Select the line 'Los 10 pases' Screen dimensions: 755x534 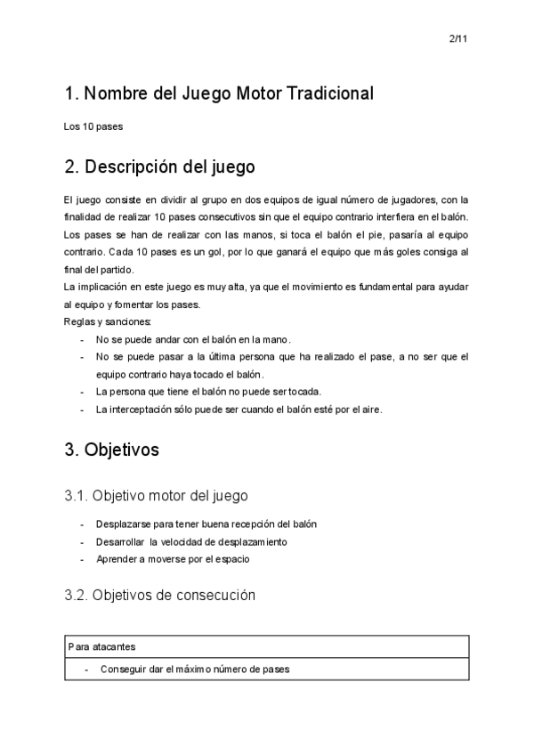(x=93, y=126)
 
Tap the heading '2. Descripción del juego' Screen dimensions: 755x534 (x=159, y=166)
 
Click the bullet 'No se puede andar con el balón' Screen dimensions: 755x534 (x=193, y=339)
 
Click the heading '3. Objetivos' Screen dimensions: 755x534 (x=111, y=451)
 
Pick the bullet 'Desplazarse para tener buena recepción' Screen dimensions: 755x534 (x=206, y=524)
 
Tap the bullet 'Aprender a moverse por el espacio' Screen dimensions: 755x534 (x=173, y=559)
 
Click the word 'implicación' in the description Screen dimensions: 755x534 (x=102, y=287)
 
